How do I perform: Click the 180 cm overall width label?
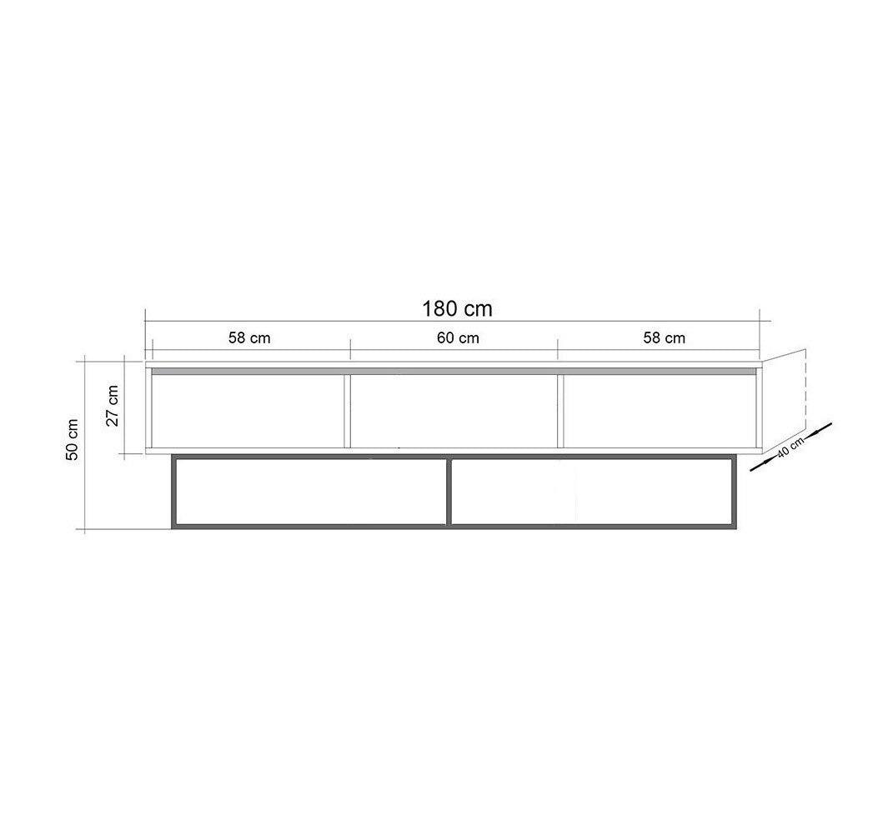pyautogui.click(x=457, y=309)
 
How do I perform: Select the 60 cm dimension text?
pyautogui.click(x=458, y=337)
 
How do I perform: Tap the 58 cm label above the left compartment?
pyautogui.click(x=249, y=337)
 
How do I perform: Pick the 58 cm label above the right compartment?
pyautogui.click(x=665, y=337)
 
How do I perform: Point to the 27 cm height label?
pyautogui.click(x=113, y=406)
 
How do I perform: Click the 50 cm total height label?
pyautogui.click(x=73, y=439)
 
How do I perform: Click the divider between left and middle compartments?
pyautogui.click(x=346, y=410)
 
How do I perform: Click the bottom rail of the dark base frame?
pyautogui.click(x=454, y=526)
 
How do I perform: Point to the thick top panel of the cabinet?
pyautogui.click(x=454, y=367)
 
